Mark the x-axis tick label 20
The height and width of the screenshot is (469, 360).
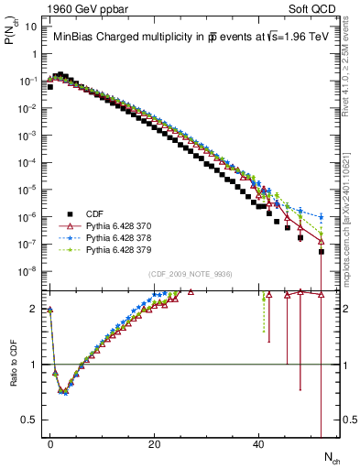[155, 442]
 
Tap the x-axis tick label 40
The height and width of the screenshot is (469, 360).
[259, 442]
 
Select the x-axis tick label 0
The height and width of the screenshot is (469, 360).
[50, 442]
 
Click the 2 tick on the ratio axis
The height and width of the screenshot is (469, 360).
[35, 309]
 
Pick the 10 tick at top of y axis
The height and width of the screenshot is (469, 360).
[29, 27]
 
